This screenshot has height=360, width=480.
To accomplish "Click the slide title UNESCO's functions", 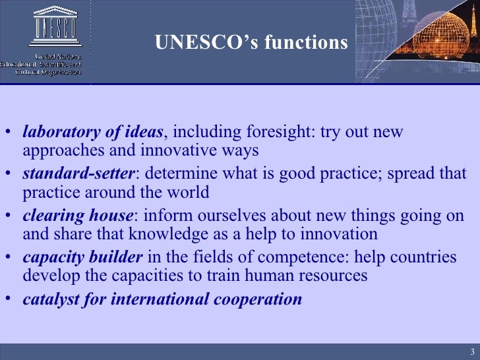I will click(251, 42).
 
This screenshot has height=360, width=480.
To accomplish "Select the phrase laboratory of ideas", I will click(92, 132).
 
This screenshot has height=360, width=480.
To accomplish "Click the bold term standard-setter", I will click(78, 174).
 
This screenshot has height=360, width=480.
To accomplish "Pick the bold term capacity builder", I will click(82, 257).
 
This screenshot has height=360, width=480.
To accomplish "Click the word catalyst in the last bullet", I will click(48, 299).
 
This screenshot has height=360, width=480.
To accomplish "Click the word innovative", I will click(174, 150).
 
